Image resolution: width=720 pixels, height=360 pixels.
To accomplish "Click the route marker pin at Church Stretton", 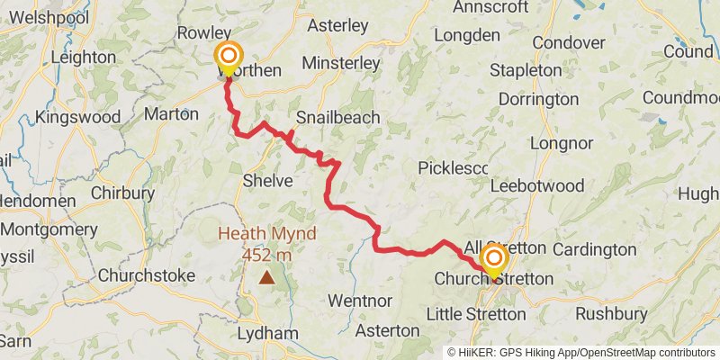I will tap(494, 261).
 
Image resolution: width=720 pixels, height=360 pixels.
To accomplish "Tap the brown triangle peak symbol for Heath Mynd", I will tap(266, 278).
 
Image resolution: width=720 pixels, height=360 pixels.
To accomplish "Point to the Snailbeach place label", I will tap(337, 118).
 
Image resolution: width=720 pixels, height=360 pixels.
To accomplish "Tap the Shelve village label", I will tap(267, 181).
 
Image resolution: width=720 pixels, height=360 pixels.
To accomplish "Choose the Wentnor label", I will tap(360, 299).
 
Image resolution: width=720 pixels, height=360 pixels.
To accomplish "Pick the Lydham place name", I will tap(267, 334).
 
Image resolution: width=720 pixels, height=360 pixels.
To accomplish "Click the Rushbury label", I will tap(610, 314).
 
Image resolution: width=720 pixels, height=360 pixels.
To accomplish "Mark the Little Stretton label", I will tap(475, 314).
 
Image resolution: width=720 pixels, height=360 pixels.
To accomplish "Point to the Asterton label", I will tap(388, 330).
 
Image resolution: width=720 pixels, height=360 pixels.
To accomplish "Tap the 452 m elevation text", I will tap(266, 255).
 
